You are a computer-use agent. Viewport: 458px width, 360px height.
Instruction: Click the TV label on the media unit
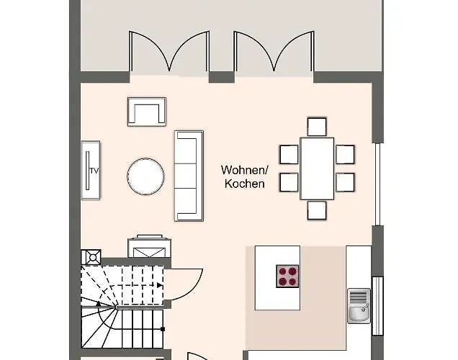coord(94,171)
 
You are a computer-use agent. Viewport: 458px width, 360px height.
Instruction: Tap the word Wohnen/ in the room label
coord(244,170)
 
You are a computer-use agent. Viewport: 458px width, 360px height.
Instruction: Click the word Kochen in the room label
coord(245,184)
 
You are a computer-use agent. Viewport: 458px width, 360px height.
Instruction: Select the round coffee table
coord(145,176)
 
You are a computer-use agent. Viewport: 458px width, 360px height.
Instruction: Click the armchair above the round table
coord(147,112)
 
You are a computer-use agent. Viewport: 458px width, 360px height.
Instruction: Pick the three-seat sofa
coord(189,176)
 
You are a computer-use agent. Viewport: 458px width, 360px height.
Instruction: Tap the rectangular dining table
coord(317,168)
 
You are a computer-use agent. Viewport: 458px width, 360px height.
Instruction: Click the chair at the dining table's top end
coord(317,127)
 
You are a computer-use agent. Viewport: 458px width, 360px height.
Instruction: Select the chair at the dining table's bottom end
coord(317,210)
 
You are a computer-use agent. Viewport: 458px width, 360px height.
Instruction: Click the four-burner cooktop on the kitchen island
coord(287,276)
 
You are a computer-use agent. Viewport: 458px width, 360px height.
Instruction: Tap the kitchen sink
coord(359,306)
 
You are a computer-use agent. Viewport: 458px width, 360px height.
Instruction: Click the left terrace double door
coord(169,51)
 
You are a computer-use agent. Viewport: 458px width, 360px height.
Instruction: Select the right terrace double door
coord(274,51)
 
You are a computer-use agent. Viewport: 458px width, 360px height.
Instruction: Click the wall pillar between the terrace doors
coord(221,77)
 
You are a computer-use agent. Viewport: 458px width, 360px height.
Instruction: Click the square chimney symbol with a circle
coord(91,257)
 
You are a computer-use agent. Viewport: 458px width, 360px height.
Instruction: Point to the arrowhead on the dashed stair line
coord(160,285)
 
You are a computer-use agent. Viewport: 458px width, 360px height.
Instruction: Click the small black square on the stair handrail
coord(163,329)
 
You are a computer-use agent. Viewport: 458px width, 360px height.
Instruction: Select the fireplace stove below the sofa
coord(150,246)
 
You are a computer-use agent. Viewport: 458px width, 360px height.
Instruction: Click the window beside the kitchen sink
coord(377,306)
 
